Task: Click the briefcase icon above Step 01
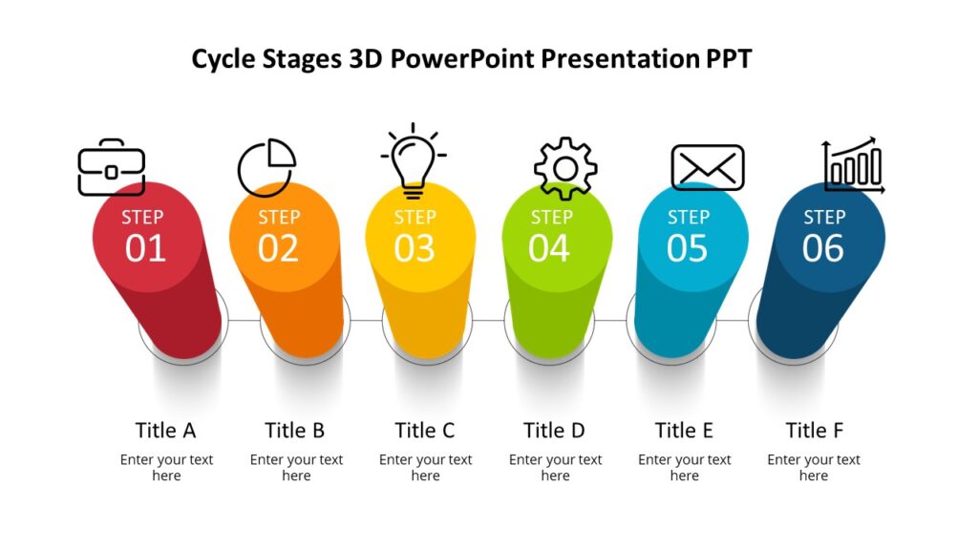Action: (x=112, y=168)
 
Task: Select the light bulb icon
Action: (x=414, y=159)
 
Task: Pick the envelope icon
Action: (x=707, y=168)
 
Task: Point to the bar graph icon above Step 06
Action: (x=853, y=166)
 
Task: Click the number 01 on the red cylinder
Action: (x=145, y=248)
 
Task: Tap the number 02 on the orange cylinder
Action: (x=278, y=248)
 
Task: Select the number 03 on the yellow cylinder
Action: (x=415, y=248)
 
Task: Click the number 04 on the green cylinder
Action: (x=549, y=248)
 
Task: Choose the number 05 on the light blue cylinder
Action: (x=687, y=248)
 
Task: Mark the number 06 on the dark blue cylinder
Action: (x=822, y=248)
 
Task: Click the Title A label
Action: (x=165, y=430)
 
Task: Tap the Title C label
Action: (x=425, y=430)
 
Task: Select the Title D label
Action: (x=554, y=430)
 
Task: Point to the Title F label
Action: (x=814, y=430)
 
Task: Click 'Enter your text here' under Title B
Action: (x=296, y=467)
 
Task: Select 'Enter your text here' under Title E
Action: (x=684, y=467)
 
